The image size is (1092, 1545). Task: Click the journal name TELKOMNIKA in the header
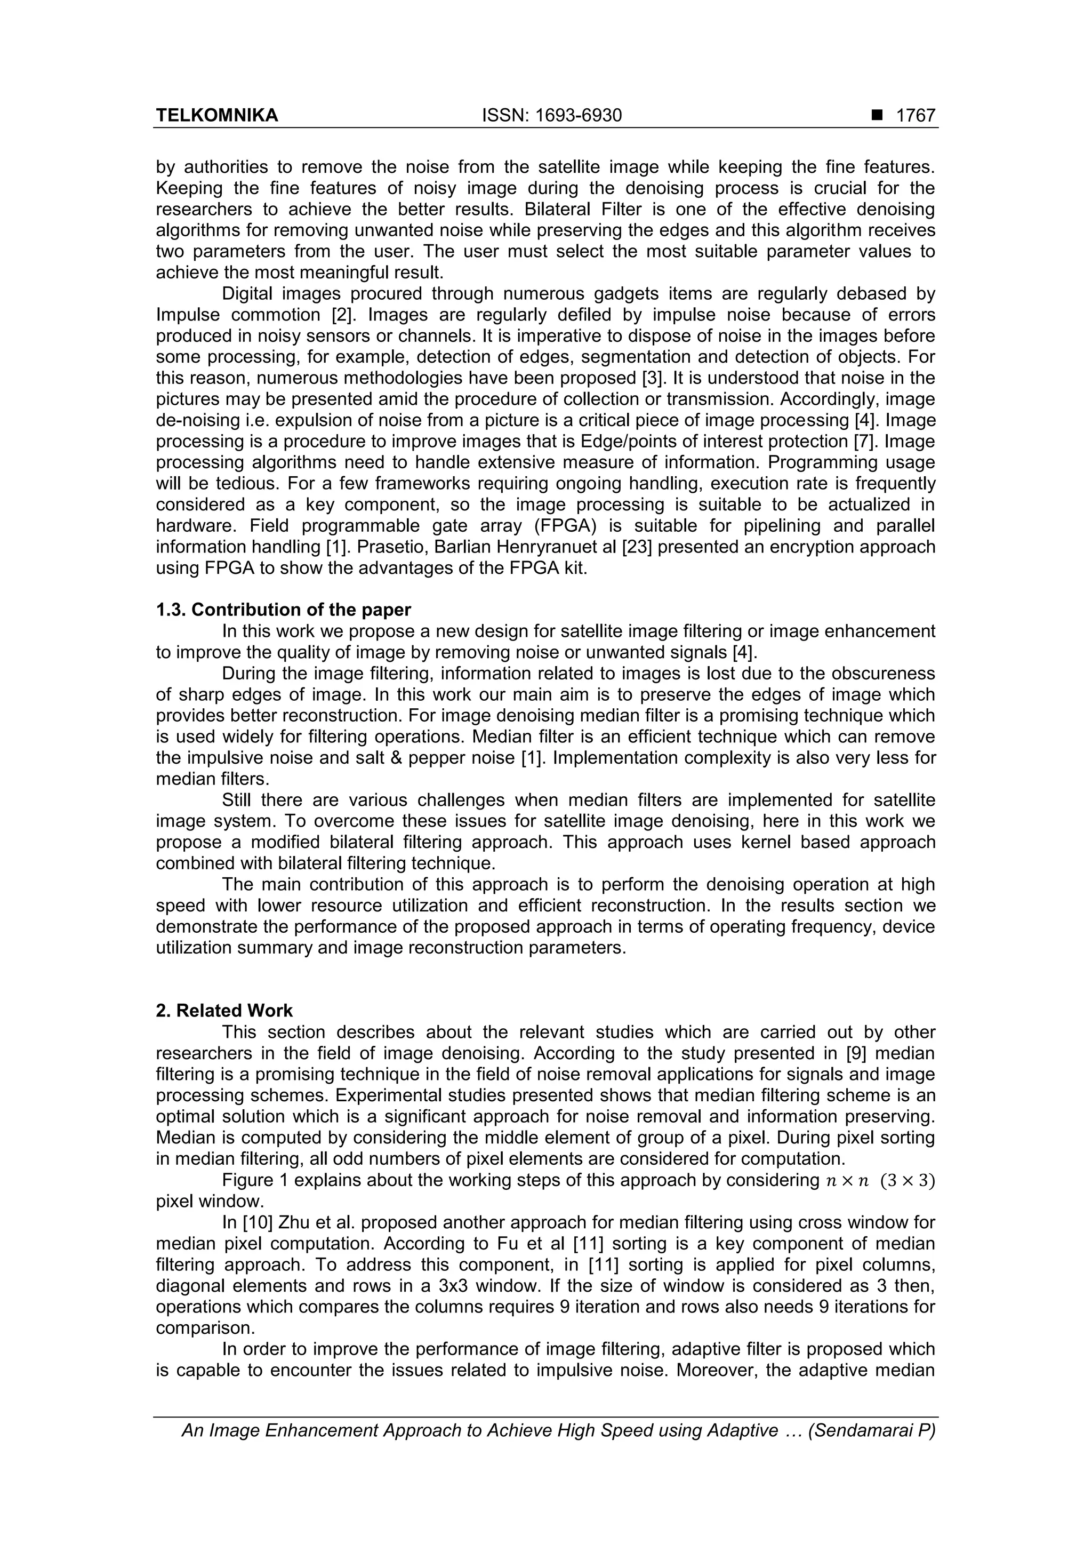point(216,116)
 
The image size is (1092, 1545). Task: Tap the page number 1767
point(916,116)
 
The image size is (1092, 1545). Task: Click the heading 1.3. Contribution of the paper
point(283,610)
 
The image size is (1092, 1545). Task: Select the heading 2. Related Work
point(224,1011)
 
